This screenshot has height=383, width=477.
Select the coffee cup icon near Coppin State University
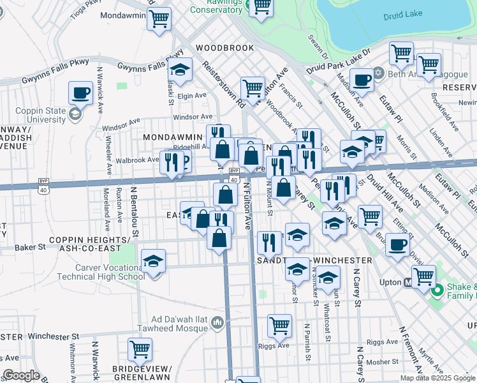80,93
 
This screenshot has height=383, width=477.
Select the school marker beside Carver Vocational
153,262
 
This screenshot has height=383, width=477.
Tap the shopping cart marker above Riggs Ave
280,326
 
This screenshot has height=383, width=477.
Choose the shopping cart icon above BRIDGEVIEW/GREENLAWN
140,350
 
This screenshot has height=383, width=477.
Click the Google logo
20,375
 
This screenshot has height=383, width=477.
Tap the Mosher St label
383,362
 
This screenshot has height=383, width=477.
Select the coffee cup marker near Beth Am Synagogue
362,81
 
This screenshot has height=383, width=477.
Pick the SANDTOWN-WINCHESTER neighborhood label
314,260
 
